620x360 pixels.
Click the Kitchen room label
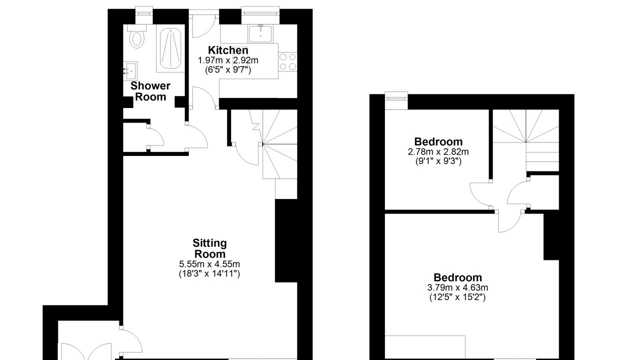[x=228, y=50]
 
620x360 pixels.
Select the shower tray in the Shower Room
[x=170, y=48]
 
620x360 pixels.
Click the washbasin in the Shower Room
[x=130, y=71]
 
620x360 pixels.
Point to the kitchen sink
[x=260, y=33]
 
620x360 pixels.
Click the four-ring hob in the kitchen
[x=287, y=61]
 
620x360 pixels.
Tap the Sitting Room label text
[x=210, y=248]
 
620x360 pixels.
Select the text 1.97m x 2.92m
[x=228, y=60]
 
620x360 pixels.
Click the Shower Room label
[x=150, y=91]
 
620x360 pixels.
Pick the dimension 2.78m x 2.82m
[x=438, y=151]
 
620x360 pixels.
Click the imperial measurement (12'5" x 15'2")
[x=457, y=297]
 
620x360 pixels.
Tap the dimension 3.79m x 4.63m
[x=457, y=287]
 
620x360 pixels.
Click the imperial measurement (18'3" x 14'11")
[x=209, y=273]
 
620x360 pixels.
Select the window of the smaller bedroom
[x=396, y=100]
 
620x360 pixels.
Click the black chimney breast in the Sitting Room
[x=286, y=240]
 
